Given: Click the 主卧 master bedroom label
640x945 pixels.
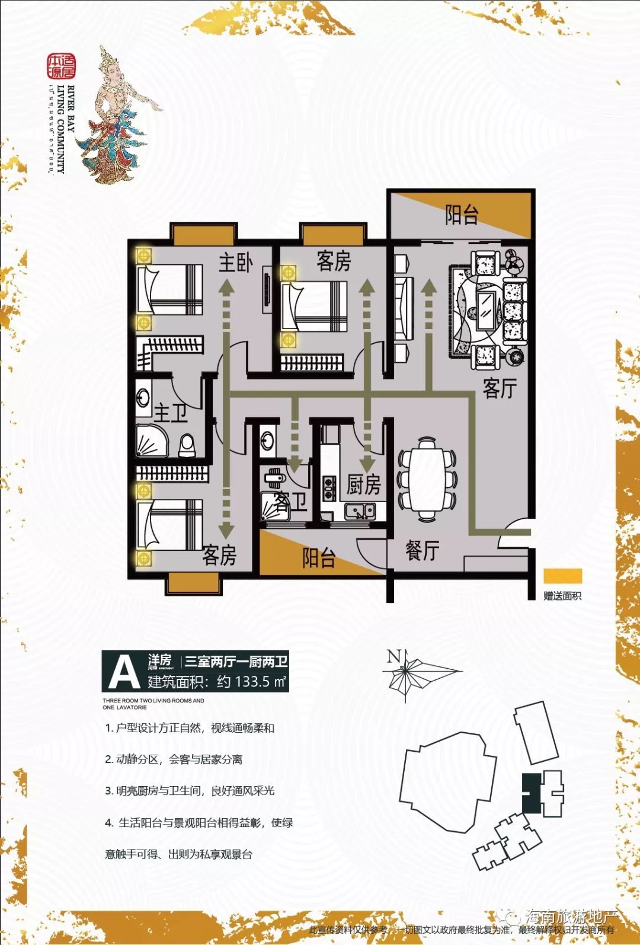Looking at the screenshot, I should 236,263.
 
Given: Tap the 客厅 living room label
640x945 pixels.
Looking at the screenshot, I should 500,389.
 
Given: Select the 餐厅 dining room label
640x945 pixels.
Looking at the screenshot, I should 422,550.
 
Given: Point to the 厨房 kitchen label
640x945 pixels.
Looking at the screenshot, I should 363,485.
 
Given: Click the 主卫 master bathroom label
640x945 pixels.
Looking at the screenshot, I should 171,413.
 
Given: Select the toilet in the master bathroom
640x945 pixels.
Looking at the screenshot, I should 187,445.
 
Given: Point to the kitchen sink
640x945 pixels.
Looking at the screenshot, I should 360,511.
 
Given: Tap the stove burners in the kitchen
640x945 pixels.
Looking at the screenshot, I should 329,487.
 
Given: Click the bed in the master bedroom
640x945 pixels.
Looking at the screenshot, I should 170,290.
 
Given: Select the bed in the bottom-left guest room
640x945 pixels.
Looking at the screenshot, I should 170,524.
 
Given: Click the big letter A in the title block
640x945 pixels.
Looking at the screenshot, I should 124,672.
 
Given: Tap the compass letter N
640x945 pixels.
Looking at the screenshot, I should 394,656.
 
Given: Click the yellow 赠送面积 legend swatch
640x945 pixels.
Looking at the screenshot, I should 562,576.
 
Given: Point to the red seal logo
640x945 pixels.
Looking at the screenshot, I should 62,66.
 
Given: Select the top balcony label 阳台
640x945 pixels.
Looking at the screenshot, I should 462,215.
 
